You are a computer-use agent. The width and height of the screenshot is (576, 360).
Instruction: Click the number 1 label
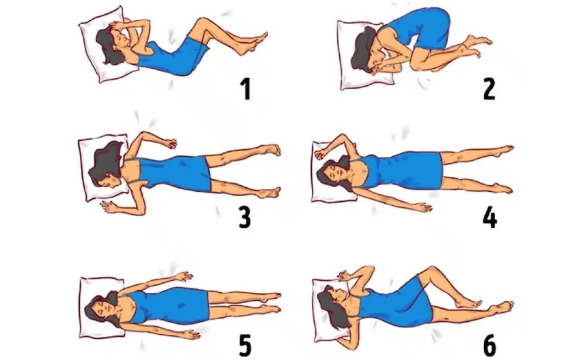coord(246,89)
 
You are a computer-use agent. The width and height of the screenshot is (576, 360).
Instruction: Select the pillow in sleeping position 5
coord(102,307)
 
